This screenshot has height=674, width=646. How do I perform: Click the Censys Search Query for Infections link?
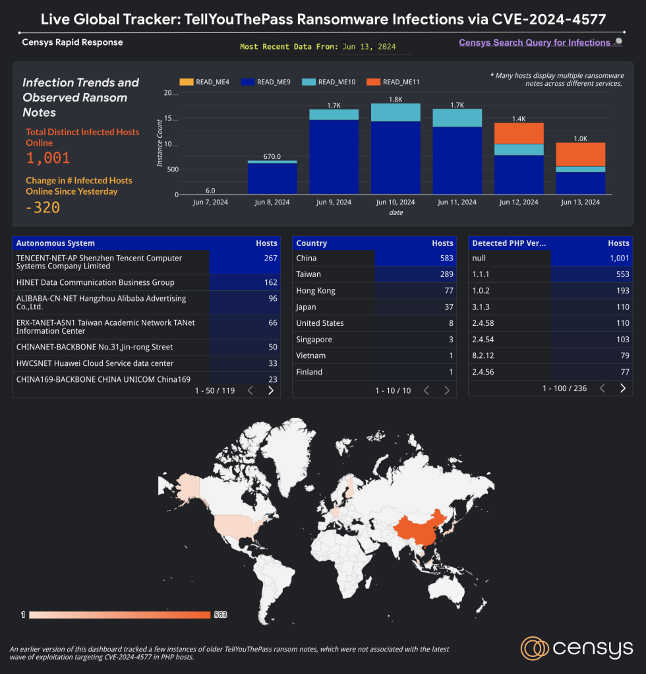(535, 42)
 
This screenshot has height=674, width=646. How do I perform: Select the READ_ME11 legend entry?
(400, 82)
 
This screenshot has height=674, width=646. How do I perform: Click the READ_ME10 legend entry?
(337, 82)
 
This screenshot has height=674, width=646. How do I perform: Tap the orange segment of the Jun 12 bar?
(519, 133)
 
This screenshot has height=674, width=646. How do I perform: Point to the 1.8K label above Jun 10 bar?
(395, 99)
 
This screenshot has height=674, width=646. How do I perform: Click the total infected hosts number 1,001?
(47, 158)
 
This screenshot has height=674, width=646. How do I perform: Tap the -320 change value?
(43, 208)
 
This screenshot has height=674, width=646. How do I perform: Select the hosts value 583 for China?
(446, 259)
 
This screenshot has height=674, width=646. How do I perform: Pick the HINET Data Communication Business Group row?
(95, 282)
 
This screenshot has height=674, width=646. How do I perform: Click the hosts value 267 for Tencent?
(270, 259)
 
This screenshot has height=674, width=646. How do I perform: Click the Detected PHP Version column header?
(509, 243)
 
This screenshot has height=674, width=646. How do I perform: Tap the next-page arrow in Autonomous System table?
(270, 390)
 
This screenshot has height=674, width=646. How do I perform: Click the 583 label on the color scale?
(220, 615)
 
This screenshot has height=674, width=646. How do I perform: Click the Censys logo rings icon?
(534, 648)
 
